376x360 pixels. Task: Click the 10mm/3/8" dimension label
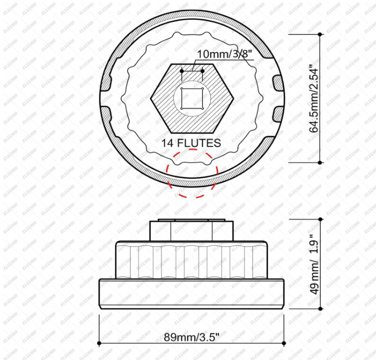click(225, 54)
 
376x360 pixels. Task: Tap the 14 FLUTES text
click(191, 143)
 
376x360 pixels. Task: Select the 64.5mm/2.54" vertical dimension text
click(314, 98)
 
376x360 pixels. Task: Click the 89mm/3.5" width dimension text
click(191, 337)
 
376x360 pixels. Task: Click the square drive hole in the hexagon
click(192, 98)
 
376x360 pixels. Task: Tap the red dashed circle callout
click(192, 173)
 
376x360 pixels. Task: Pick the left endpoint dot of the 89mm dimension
click(99, 343)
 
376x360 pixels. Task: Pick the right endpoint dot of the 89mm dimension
click(284, 343)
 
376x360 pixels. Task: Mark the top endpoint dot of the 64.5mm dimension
click(320, 34)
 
